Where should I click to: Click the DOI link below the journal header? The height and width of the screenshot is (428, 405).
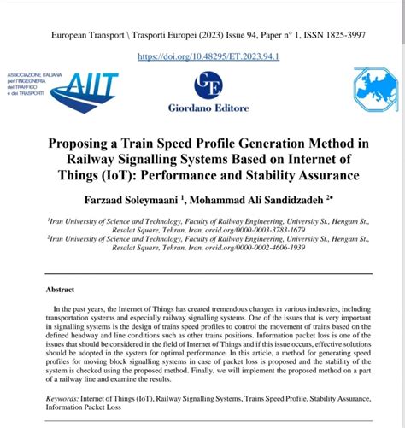coord(202,56)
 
